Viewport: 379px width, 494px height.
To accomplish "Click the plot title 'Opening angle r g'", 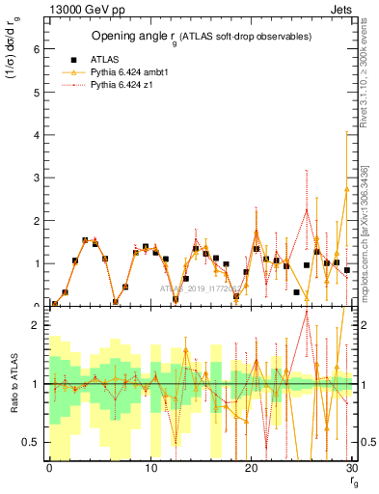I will click(201, 37).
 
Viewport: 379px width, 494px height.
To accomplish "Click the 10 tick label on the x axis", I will click(150, 468).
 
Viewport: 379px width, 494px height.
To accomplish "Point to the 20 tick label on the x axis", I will click(252, 468).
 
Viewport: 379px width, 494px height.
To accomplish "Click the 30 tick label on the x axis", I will click(352, 468).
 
